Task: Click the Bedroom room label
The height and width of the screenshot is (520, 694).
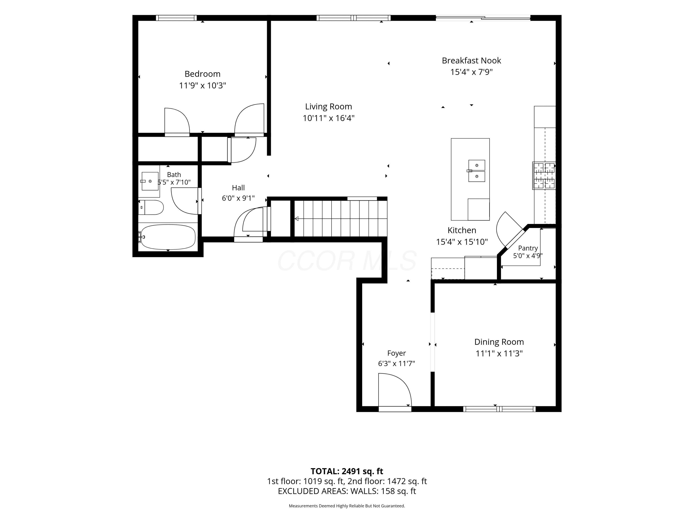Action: click(x=202, y=74)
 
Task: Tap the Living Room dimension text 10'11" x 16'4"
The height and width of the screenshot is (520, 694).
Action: click(x=328, y=118)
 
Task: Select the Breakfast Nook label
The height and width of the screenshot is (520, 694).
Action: click(x=471, y=61)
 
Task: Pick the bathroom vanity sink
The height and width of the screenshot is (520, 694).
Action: click(x=150, y=181)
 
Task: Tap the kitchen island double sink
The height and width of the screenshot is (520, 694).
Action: click(x=476, y=171)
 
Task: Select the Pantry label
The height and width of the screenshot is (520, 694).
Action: click(x=528, y=248)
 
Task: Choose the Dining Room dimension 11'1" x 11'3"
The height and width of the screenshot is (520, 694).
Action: click(x=499, y=354)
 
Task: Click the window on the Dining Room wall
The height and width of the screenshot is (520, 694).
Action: click(x=499, y=409)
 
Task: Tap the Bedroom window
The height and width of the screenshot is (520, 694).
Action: click(x=176, y=18)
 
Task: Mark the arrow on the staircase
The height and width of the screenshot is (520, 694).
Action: click(x=341, y=218)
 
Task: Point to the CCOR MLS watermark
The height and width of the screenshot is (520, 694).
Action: click(x=347, y=261)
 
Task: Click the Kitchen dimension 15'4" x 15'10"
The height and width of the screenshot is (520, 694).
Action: click(x=462, y=242)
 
